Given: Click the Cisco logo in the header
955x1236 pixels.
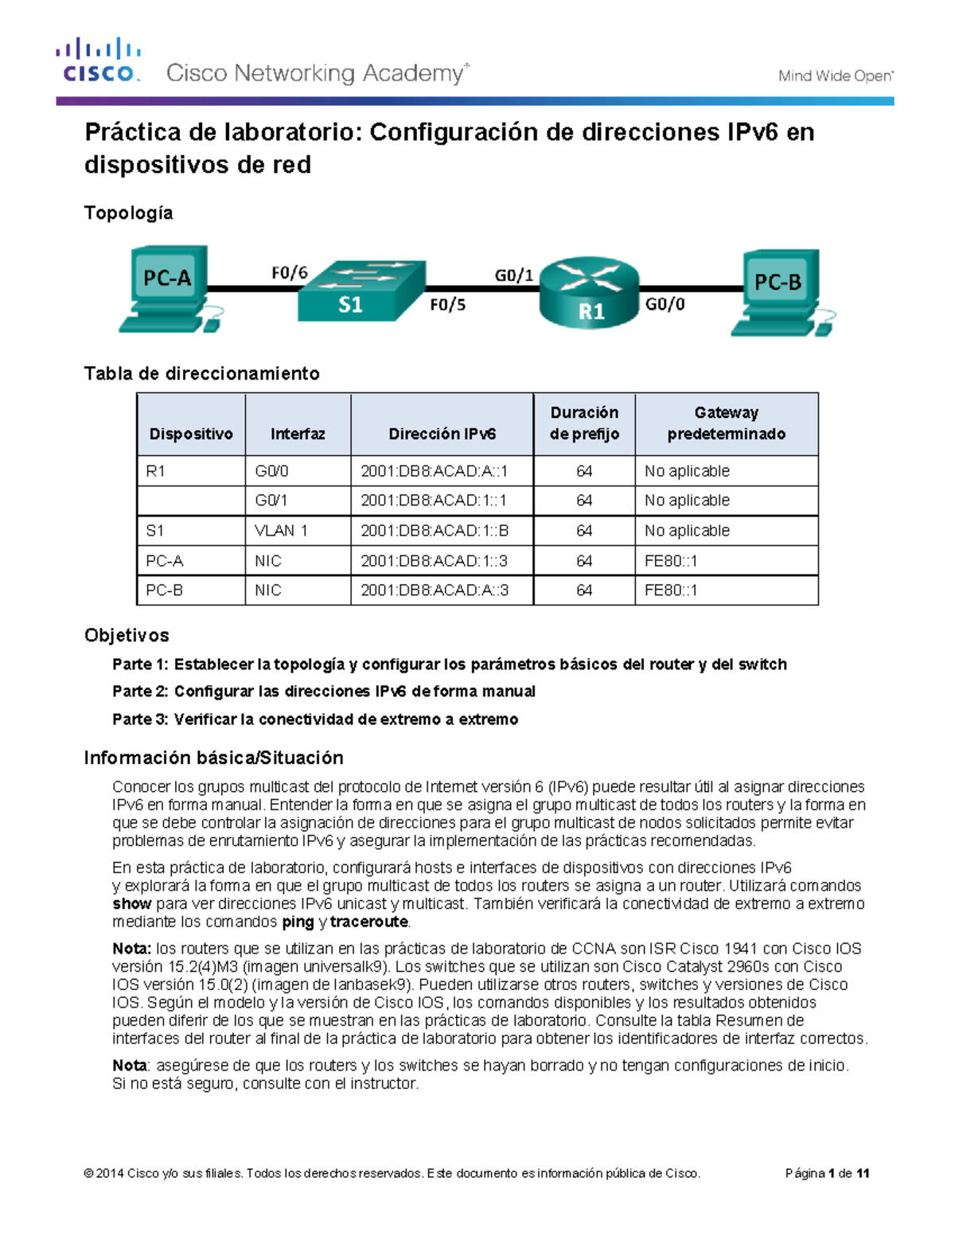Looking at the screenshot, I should click(x=98, y=60).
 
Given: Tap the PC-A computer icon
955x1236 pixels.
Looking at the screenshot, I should click(x=168, y=288).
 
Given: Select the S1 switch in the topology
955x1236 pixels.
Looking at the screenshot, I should click(x=361, y=292).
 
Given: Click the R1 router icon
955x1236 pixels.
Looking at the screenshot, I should click(x=590, y=293).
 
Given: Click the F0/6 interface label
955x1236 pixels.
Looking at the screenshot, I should click(x=289, y=273).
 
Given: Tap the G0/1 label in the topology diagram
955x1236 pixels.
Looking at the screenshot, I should click(x=513, y=275).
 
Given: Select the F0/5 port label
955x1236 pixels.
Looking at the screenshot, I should click(x=447, y=305).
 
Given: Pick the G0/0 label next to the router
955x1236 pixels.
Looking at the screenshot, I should click(x=665, y=304).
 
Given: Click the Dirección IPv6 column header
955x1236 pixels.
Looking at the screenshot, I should click(x=442, y=434).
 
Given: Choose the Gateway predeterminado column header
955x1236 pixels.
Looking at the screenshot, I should click(x=726, y=423).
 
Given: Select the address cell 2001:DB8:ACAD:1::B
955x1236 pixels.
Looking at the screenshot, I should click(x=435, y=531).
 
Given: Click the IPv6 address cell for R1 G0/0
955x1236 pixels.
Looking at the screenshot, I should click(x=435, y=471).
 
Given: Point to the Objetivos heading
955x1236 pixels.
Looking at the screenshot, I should click(x=127, y=635).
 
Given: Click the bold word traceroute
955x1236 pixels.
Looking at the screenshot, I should click(x=369, y=922).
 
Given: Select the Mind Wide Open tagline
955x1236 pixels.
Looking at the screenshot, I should click(x=835, y=76).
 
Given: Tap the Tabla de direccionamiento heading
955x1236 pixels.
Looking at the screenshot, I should click(x=201, y=373).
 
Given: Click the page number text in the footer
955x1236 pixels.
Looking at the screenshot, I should click(x=827, y=1173).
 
